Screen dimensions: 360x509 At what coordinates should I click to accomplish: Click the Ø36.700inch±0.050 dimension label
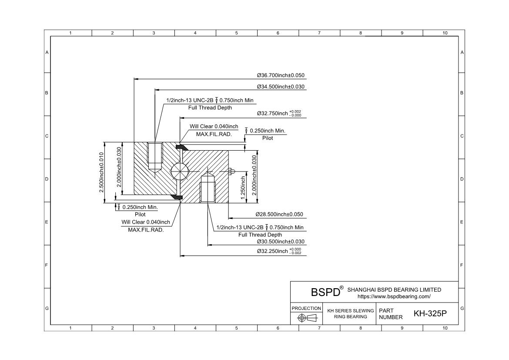[x=281, y=75]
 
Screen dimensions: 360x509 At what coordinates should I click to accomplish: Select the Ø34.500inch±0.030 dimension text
[x=281, y=87]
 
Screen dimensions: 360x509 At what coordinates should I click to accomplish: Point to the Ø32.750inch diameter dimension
[x=279, y=114]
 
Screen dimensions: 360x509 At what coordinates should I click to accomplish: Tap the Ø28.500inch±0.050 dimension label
[x=279, y=215]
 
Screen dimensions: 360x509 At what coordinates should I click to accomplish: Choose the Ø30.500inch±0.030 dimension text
[x=281, y=242]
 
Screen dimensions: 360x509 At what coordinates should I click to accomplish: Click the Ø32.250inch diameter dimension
[x=279, y=251]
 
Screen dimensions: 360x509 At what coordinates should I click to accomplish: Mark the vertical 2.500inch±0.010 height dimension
[x=101, y=172]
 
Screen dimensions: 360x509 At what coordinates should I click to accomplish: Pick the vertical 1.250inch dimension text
[x=243, y=186]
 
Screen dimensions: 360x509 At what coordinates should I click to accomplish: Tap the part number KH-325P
[x=430, y=313]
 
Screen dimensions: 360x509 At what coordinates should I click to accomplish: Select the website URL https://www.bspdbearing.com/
[x=394, y=296]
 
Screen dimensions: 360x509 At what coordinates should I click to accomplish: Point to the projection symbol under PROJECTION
[x=306, y=318]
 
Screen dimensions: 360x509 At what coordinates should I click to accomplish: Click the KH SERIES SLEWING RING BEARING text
[x=351, y=313]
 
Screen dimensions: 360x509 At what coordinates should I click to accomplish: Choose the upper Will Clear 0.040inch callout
[x=214, y=127]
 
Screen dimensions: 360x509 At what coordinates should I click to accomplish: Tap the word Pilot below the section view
[x=140, y=214]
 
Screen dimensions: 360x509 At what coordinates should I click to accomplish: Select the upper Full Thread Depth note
[x=210, y=108]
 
